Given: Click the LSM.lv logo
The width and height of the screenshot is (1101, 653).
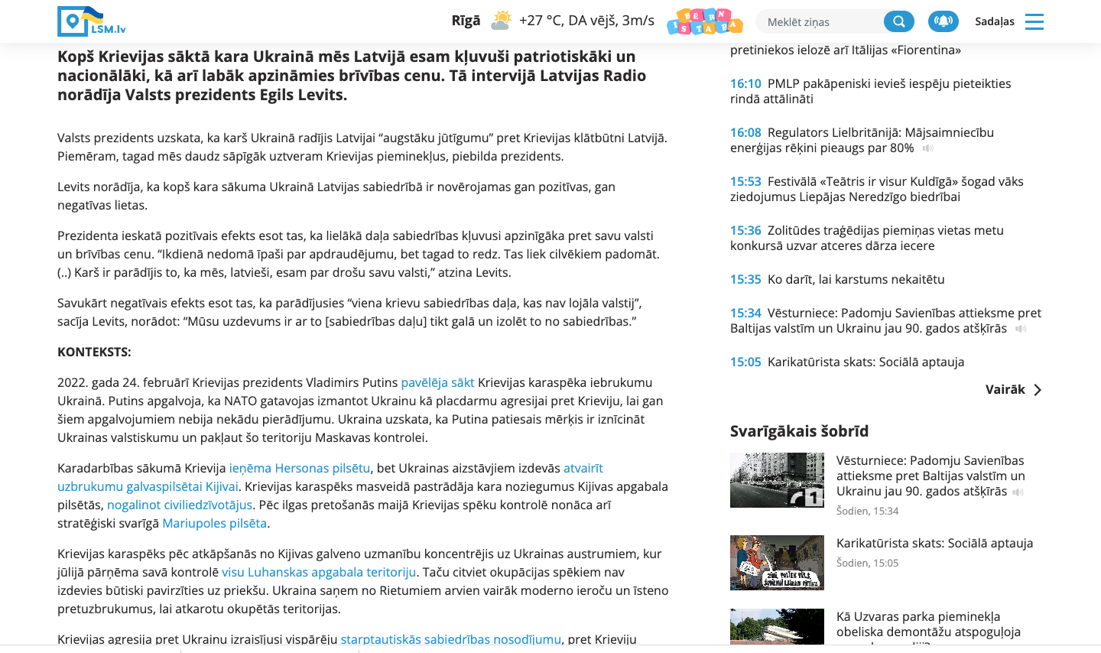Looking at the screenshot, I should click(91, 21).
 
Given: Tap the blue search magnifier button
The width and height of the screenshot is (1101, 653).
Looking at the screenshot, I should click(898, 21).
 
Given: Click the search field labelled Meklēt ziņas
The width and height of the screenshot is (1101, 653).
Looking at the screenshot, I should click(818, 22).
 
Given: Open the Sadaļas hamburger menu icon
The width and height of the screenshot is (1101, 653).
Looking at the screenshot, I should click(1034, 21).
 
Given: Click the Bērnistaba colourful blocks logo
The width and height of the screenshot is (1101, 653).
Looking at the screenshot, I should click(704, 21).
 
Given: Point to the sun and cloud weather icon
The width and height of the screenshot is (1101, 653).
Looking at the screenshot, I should click(501, 21).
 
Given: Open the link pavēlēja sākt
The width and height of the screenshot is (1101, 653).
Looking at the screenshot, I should click(437, 382).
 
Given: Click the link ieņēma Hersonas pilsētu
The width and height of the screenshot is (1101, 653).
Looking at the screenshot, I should click(300, 468).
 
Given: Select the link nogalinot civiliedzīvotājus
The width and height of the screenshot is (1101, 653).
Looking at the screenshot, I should click(180, 505).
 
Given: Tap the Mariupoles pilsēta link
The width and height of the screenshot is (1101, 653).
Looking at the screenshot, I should click(214, 523).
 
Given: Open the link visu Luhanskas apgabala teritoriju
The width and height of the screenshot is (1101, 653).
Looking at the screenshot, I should click(319, 572).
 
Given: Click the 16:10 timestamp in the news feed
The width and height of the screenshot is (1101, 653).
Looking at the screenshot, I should click(745, 83).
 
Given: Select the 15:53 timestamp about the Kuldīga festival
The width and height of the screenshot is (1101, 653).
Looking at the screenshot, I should click(745, 181).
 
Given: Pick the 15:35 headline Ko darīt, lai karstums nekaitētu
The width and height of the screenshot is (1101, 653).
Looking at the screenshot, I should click(856, 279).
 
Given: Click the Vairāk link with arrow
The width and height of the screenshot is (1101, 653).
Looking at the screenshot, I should click(1013, 390).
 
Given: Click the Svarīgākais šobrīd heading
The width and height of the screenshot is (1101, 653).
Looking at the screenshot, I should click(799, 431).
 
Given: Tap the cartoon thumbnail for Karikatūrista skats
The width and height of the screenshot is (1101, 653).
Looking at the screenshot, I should click(777, 563).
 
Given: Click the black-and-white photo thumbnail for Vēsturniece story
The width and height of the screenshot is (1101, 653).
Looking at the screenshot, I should click(777, 480).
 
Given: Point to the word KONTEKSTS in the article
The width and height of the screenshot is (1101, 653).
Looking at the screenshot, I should click(94, 352).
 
